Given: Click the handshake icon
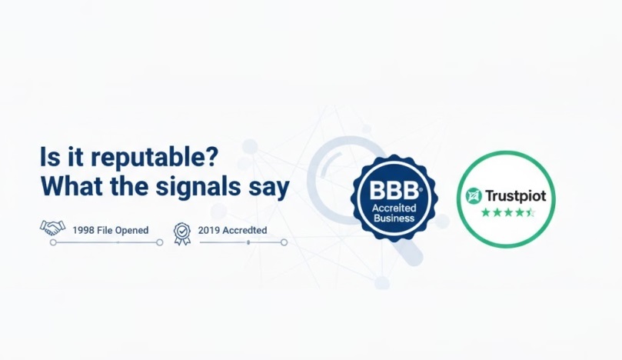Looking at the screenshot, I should (x=52, y=228).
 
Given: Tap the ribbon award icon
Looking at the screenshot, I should (x=181, y=232).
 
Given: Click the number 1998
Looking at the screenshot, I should (x=84, y=230).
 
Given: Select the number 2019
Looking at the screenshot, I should (x=210, y=230).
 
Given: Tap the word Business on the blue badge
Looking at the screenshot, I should (x=393, y=218).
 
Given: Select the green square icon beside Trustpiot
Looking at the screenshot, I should (x=474, y=195).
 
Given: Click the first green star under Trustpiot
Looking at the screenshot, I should (x=485, y=212).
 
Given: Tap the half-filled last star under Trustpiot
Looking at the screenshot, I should (x=530, y=212).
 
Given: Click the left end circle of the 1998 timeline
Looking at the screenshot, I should (x=52, y=242).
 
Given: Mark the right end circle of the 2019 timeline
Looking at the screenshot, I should (x=284, y=242).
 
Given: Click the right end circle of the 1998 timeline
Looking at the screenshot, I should (x=160, y=242).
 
